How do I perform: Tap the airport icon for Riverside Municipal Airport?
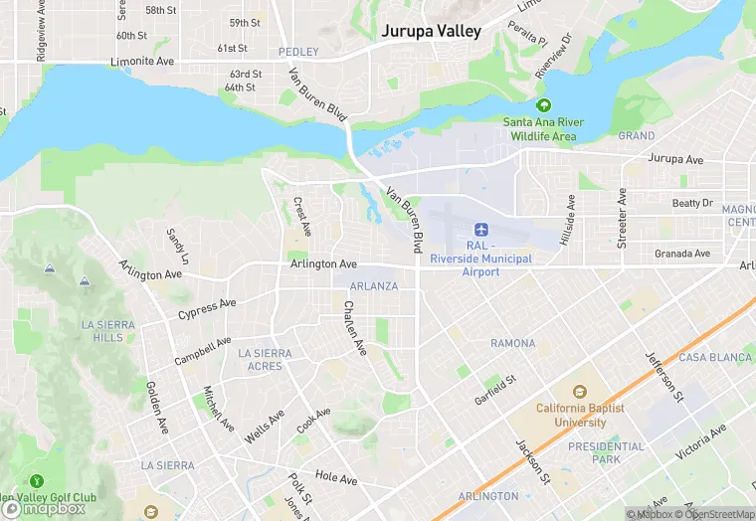(x=481, y=230)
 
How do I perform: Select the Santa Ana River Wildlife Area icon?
(x=543, y=105)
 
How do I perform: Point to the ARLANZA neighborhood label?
(x=373, y=286)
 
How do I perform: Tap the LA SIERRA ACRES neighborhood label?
(x=266, y=360)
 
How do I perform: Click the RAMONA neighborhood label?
(x=512, y=344)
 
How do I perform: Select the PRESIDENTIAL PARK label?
(x=607, y=453)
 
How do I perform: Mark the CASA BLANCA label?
(x=713, y=357)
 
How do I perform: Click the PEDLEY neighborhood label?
(x=297, y=52)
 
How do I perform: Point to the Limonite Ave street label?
(x=144, y=62)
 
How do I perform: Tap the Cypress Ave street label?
(x=207, y=309)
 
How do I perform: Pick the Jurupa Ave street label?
(x=675, y=160)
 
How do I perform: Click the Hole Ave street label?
(x=335, y=478)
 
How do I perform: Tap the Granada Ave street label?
(x=682, y=254)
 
